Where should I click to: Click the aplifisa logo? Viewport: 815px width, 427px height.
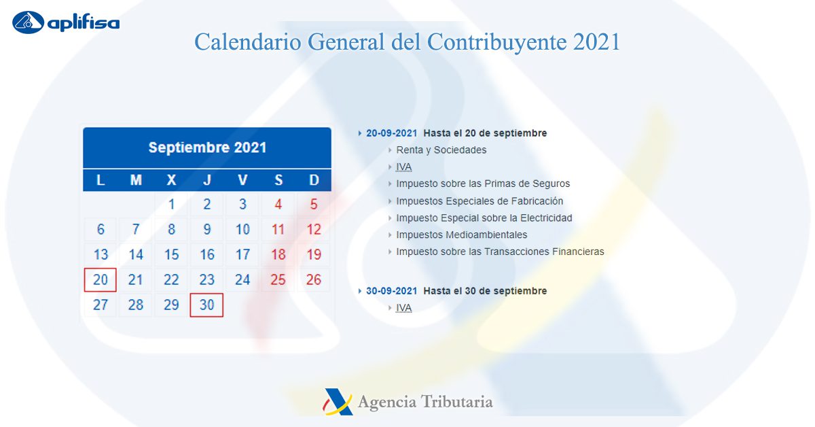pos(66,22)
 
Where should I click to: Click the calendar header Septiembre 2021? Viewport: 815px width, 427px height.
pos(207,148)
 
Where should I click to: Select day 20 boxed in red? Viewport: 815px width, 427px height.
pos(100,280)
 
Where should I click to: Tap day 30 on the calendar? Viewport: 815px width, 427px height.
pos(206,305)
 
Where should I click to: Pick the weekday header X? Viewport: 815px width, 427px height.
pos(171,180)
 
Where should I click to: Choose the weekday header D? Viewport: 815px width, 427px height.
pos(314,180)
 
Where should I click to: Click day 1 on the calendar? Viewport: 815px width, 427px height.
pos(171,205)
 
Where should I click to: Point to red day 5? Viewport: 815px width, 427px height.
pos(314,205)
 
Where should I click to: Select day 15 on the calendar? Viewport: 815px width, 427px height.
pos(171,254)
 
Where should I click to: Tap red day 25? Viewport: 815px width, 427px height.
pos(278,279)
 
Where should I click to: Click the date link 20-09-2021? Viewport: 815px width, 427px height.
pos(391,133)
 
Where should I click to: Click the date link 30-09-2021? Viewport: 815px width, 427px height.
pos(391,291)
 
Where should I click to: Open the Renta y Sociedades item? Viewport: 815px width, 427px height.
pos(441,150)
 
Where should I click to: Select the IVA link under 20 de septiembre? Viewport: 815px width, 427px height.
pos(404,167)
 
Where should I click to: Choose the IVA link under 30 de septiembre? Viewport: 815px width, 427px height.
pos(404,308)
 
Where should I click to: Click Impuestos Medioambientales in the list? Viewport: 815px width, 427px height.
pos(462,235)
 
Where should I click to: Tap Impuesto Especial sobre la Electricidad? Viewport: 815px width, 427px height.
pos(484,218)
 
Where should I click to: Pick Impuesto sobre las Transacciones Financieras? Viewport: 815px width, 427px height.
pos(501,252)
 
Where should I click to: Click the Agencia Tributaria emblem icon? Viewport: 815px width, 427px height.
pos(338,402)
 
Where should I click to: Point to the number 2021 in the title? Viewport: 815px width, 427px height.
pos(596,41)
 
